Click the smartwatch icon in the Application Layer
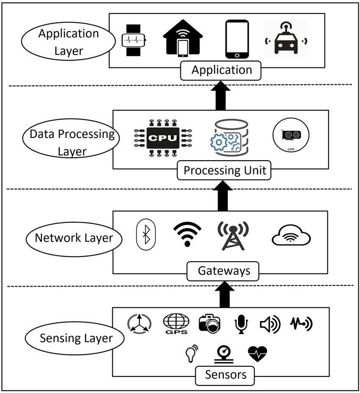point(134,40)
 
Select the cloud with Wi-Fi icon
point(291,237)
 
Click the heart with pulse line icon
point(258,353)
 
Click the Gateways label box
point(223,270)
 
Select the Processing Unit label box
point(225,170)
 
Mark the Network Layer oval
point(74,238)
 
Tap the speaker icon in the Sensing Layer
point(270,325)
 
